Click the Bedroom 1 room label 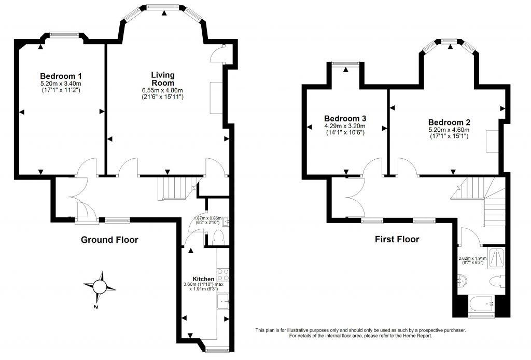tap(61, 76)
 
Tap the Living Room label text tap(162, 79)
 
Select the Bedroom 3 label tap(345, 118)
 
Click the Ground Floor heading tap(109, 240)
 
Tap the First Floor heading tap(397, 240)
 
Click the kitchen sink tap(224, 300)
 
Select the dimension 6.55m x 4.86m tap(163, 90)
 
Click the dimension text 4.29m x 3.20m tap(345, 126)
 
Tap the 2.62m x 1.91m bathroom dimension tap(471, 258)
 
